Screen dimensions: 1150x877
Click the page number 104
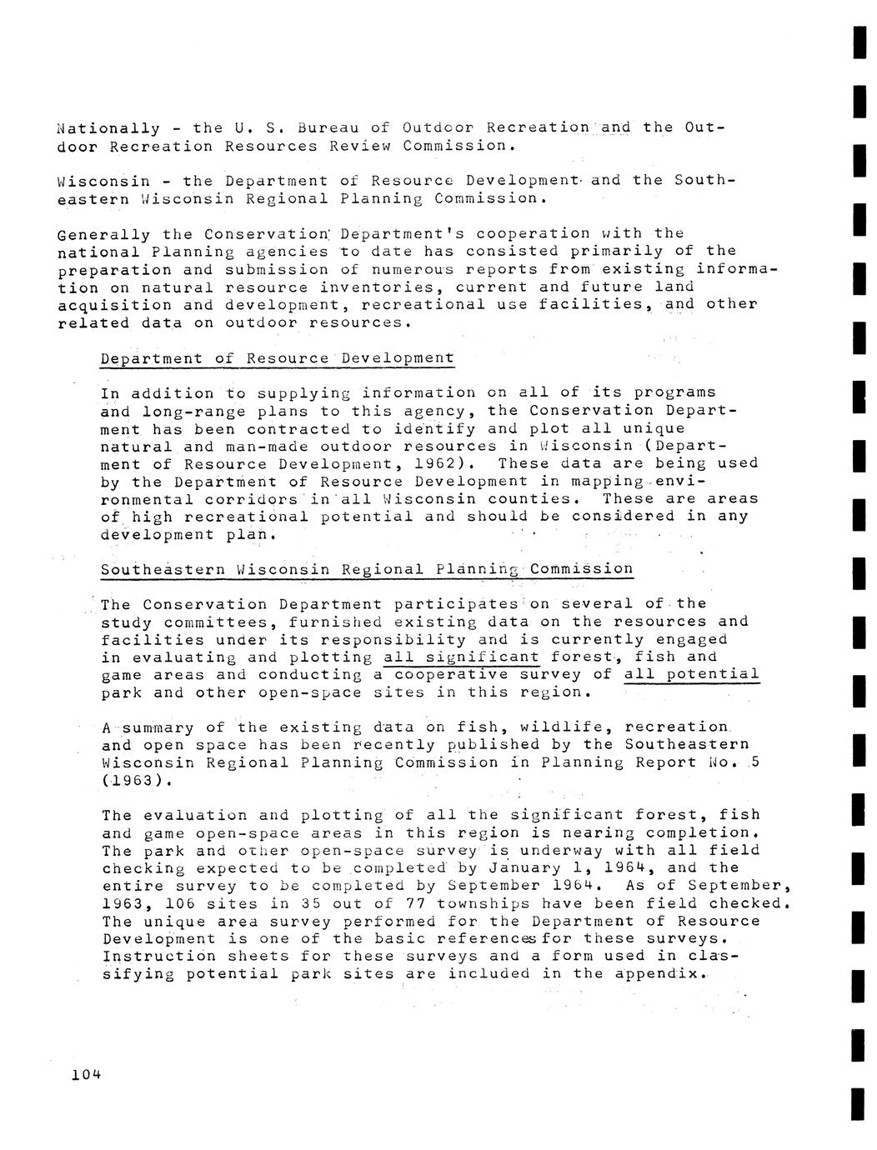pos(86,1074)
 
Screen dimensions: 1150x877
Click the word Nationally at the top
pos(108,128)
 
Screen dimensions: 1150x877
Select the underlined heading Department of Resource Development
pos(278,358)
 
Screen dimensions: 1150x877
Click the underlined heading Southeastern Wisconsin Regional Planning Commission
pos(367,570)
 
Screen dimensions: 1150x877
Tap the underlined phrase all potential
pos(692,675)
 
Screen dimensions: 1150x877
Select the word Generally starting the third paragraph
pos(104,234)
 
